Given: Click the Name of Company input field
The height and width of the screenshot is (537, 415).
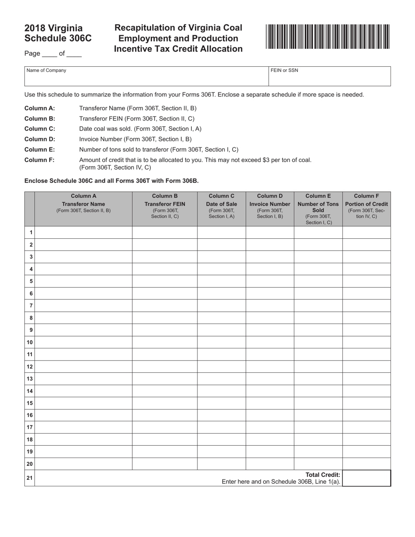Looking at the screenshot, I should point(146,79).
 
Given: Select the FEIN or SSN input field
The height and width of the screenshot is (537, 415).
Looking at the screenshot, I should point(329,79).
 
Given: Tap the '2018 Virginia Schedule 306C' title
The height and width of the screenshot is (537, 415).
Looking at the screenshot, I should point(58,33).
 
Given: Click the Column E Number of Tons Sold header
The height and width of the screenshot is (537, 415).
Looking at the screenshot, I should point(318,208).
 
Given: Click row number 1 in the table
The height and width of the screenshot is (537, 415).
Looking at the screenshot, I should point(31,232).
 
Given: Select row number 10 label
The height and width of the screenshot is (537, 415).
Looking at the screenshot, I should point(30,342).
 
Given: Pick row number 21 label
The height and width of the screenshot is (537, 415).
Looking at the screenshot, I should point(30,478).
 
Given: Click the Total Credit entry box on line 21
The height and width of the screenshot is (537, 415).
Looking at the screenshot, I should point(367,478).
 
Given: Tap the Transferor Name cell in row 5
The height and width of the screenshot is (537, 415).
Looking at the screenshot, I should point(83,281).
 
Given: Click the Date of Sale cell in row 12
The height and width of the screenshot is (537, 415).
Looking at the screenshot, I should point(221,367).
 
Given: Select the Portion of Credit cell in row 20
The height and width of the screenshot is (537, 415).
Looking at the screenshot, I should point(367,464).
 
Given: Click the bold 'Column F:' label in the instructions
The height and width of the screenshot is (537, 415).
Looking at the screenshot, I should point(39,160).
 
